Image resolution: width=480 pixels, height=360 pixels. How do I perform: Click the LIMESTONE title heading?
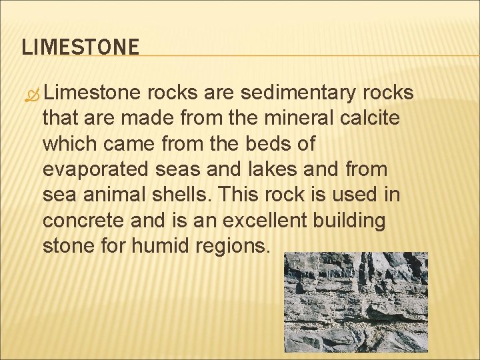coord(81,47)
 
